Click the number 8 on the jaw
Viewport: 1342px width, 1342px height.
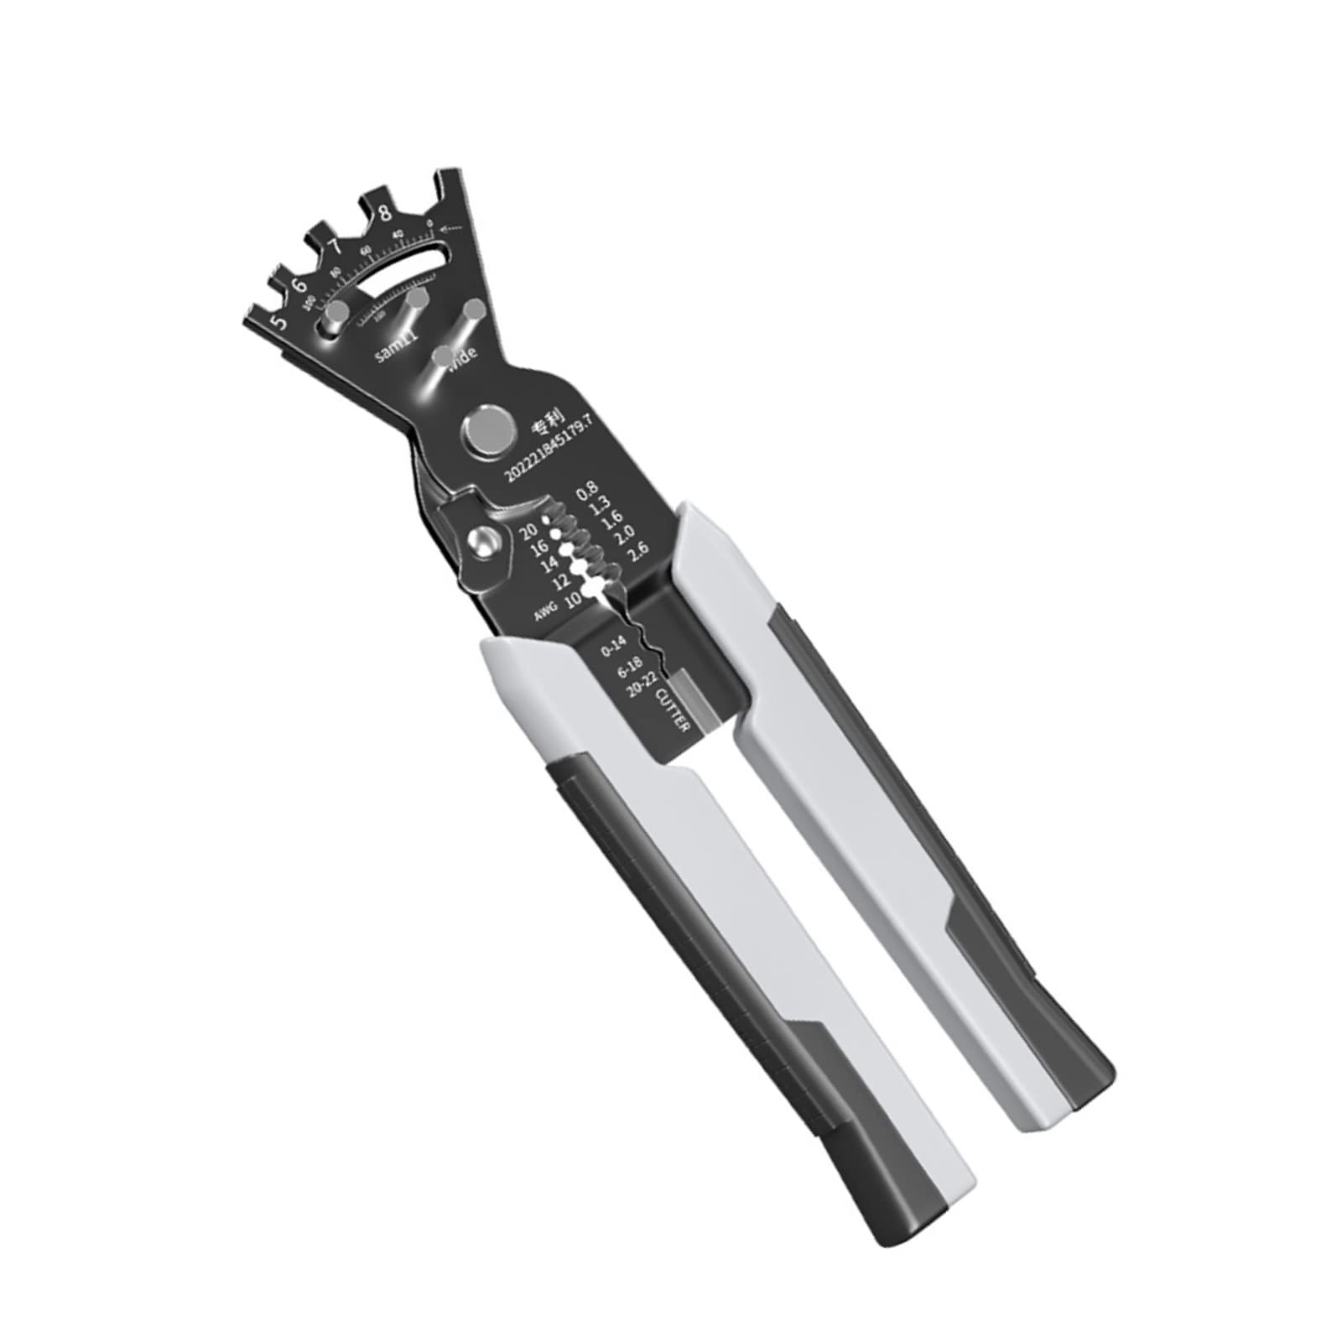point(385,212)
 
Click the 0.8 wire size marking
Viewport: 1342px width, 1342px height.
point(587,492)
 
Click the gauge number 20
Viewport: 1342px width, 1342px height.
point(529,530)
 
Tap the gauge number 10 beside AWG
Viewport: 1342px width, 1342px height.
point(573,599)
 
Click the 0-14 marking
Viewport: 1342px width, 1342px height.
point(613,646)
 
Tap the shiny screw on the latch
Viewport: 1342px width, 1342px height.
point(481,541)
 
